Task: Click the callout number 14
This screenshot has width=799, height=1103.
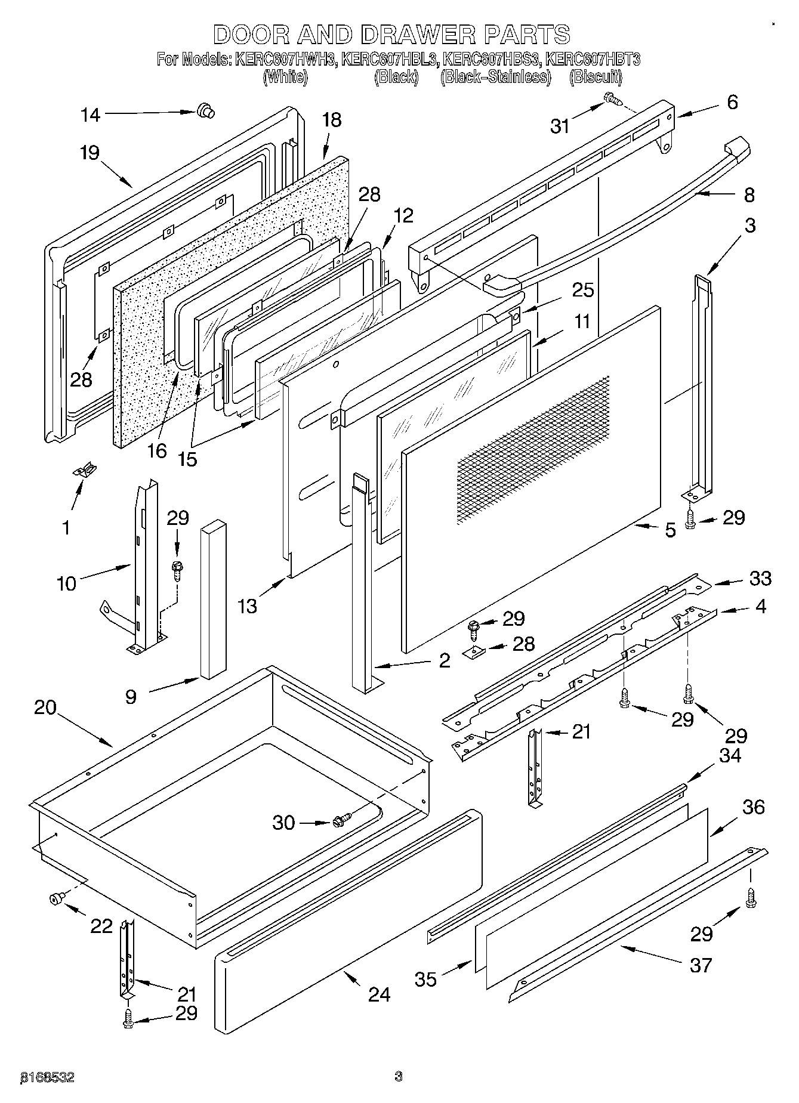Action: [91, 115]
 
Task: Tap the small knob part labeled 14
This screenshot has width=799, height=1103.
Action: [205, 110]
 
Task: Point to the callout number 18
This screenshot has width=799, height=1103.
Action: [331, 120]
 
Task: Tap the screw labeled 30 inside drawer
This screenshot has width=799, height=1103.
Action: [342, 820]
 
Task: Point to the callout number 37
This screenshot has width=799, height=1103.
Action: [701, 965]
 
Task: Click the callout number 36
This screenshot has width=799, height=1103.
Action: [753, 807]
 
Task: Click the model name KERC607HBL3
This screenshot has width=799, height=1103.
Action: [390, 60]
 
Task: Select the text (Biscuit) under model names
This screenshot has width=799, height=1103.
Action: [596, 77]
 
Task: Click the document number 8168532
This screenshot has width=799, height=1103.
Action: [48, 1077]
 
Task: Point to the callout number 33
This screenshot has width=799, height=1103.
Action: [760, 578]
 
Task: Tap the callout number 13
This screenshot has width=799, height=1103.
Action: [247, 606]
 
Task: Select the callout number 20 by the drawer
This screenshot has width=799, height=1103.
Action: [45, 707]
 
